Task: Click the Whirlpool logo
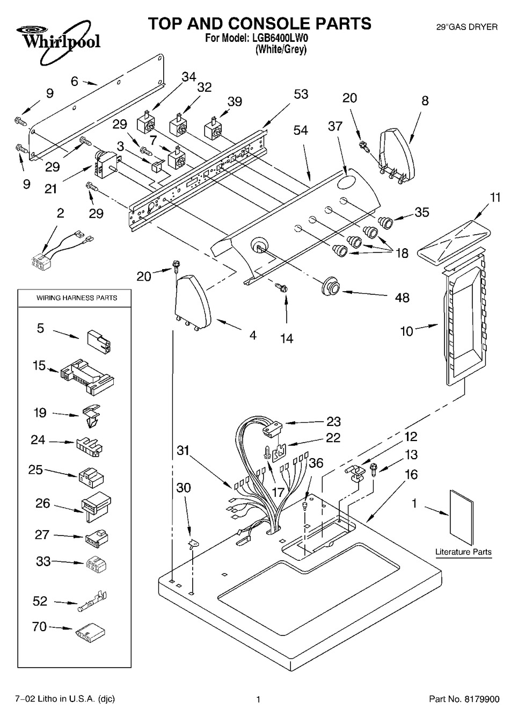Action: (59, 41)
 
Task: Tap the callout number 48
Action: (402, 298)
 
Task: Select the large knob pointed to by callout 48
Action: (330, 287)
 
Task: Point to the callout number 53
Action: (301, 95)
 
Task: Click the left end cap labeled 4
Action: (193, 303)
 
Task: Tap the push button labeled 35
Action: (386, 222)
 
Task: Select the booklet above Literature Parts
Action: (462, 517)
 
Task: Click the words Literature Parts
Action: (463, 552)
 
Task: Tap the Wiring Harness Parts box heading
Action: (77, 298)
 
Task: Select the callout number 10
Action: (407, 331)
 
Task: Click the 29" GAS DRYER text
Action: (467, 27)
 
